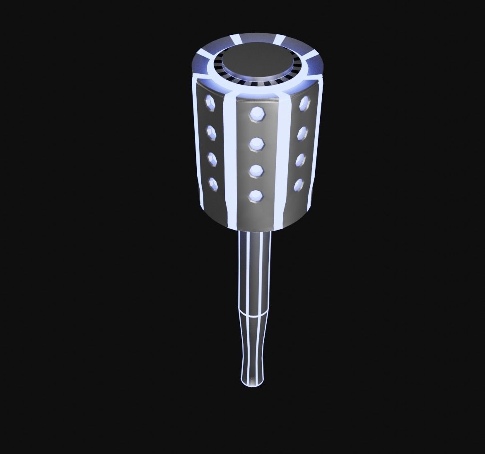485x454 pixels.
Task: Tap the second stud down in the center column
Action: [x=257, y=143]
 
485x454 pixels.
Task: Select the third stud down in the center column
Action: [x=256, y=170]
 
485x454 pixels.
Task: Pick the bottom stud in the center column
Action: [x=256, y=194]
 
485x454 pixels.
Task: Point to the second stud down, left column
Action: [x=211, y=133]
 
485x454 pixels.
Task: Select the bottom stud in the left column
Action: [x=213, y=182]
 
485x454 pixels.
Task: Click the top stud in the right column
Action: [x=305, y=102]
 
